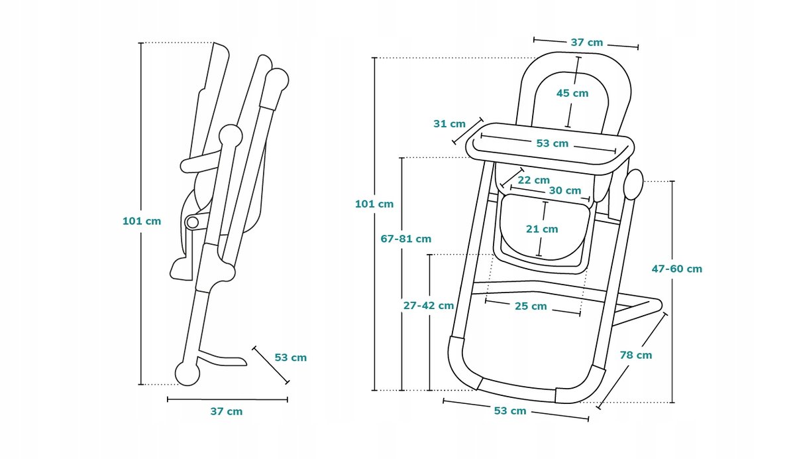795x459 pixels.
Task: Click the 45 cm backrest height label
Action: (x=572, y=94)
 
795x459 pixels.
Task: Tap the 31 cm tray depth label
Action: (x=449, y=123)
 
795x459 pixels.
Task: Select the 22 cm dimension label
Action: (x=533, y=180)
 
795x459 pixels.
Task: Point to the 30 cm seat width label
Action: (x=564, y=190)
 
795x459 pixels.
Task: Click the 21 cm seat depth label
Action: (x=542, y=229)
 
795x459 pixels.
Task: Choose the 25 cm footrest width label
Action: (x=531, y=306)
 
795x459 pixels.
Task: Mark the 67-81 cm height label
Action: (x=406, y=239)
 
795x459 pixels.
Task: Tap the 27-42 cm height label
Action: (x=429, y=306)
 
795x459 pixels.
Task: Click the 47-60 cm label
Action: (x=676, y=269)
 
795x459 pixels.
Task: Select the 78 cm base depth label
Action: (x=636, y=355)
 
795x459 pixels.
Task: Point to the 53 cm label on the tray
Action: (x=552, y=143)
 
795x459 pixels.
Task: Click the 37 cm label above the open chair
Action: (x=586, y=42)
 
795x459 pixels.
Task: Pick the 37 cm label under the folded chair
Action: (x=227, y=411)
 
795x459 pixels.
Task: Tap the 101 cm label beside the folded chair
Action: (x=142, y=221)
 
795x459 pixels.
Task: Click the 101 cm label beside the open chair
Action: (x=374, y=204)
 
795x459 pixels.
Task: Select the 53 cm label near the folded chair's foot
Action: (x=290, y=358)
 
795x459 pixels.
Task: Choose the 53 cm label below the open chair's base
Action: (x=509, y=411)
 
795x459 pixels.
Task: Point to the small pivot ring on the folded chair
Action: (x=192, y=222)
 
